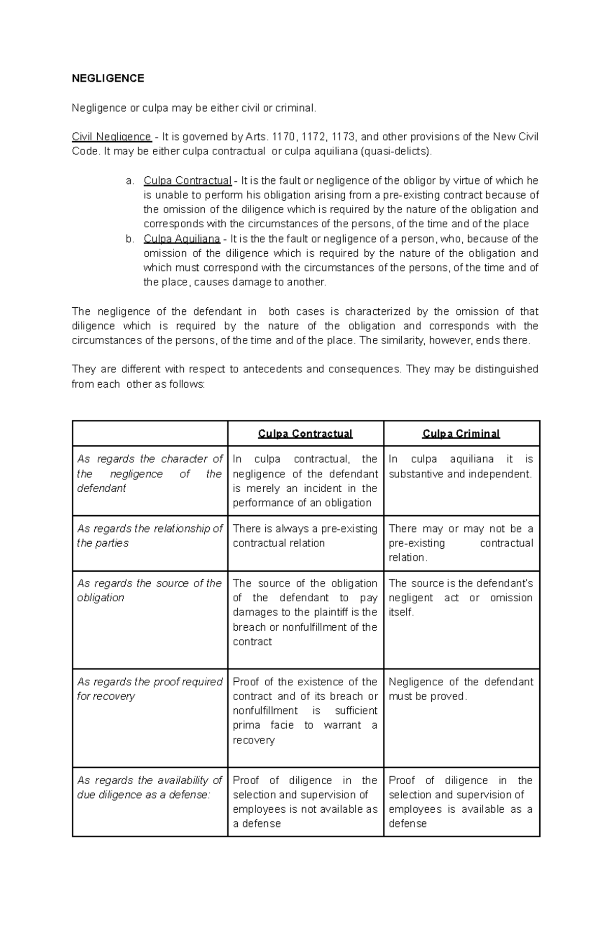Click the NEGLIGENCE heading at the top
pyautogui.click(x=108, y=78)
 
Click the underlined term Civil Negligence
pyautogui.click(x=112, y=137)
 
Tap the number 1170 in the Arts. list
pyautogui.click(x=284, y=137)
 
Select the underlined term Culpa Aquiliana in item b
pyautogui.click(x=182, y=239)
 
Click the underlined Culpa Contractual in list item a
pyautogui.click(x=187, y=180)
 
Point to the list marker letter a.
pyautogui.click(x=130, y=180)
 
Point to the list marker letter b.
pyautogui.click(x=130, y=239)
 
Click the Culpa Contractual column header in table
pyautogui.click(x=305, y=434)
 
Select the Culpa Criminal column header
pyautogui.click(x=461, y=434)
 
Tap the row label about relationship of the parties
pyautogui.click(x=150, y=536)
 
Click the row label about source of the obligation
pyautogui.click(x=150, y=590)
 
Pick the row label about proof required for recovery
pyautogui.click(x=150, y=689)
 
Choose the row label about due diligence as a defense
pyautogui.click(x=150, y=787)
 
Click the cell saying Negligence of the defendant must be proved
pyautogui.click(x=461, y=689)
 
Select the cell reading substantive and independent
pyautogui.click(x=460, y=474)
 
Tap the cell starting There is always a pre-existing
pyautogui.click(x=305, y=536)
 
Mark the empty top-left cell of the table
pyautogui.click(x=150, y=434)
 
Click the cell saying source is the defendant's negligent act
pyautogui.click(x=461, y=597)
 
